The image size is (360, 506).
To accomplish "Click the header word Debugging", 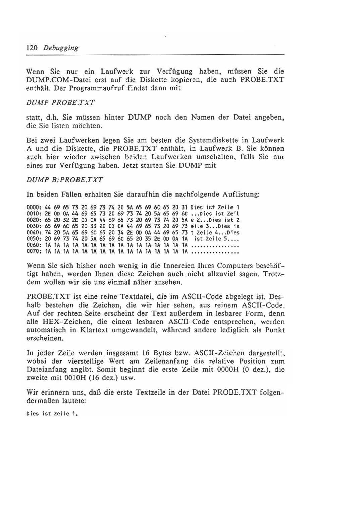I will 61,48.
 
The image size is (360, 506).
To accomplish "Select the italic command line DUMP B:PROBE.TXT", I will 64,179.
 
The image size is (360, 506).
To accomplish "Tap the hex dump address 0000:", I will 34,207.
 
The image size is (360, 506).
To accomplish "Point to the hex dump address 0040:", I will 34,232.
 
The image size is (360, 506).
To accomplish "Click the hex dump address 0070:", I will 34,251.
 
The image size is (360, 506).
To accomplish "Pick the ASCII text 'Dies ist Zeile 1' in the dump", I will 214,207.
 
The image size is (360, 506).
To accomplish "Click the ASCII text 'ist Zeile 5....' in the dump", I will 216,239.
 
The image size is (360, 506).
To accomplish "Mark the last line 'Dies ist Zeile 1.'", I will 52,414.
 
